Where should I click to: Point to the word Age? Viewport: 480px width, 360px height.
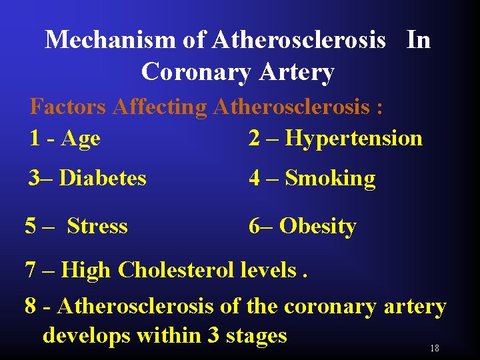(80, 139)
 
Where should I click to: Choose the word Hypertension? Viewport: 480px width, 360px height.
(354, 139)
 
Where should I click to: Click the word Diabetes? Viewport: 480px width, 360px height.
(103, 179)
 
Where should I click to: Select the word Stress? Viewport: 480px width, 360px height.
(97, 227)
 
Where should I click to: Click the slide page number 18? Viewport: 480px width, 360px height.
(435, 349)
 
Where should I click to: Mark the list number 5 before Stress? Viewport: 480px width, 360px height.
(31, 227)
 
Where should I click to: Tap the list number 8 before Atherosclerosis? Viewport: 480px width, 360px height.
(30, 307)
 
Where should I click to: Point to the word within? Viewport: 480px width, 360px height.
(169, 335)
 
